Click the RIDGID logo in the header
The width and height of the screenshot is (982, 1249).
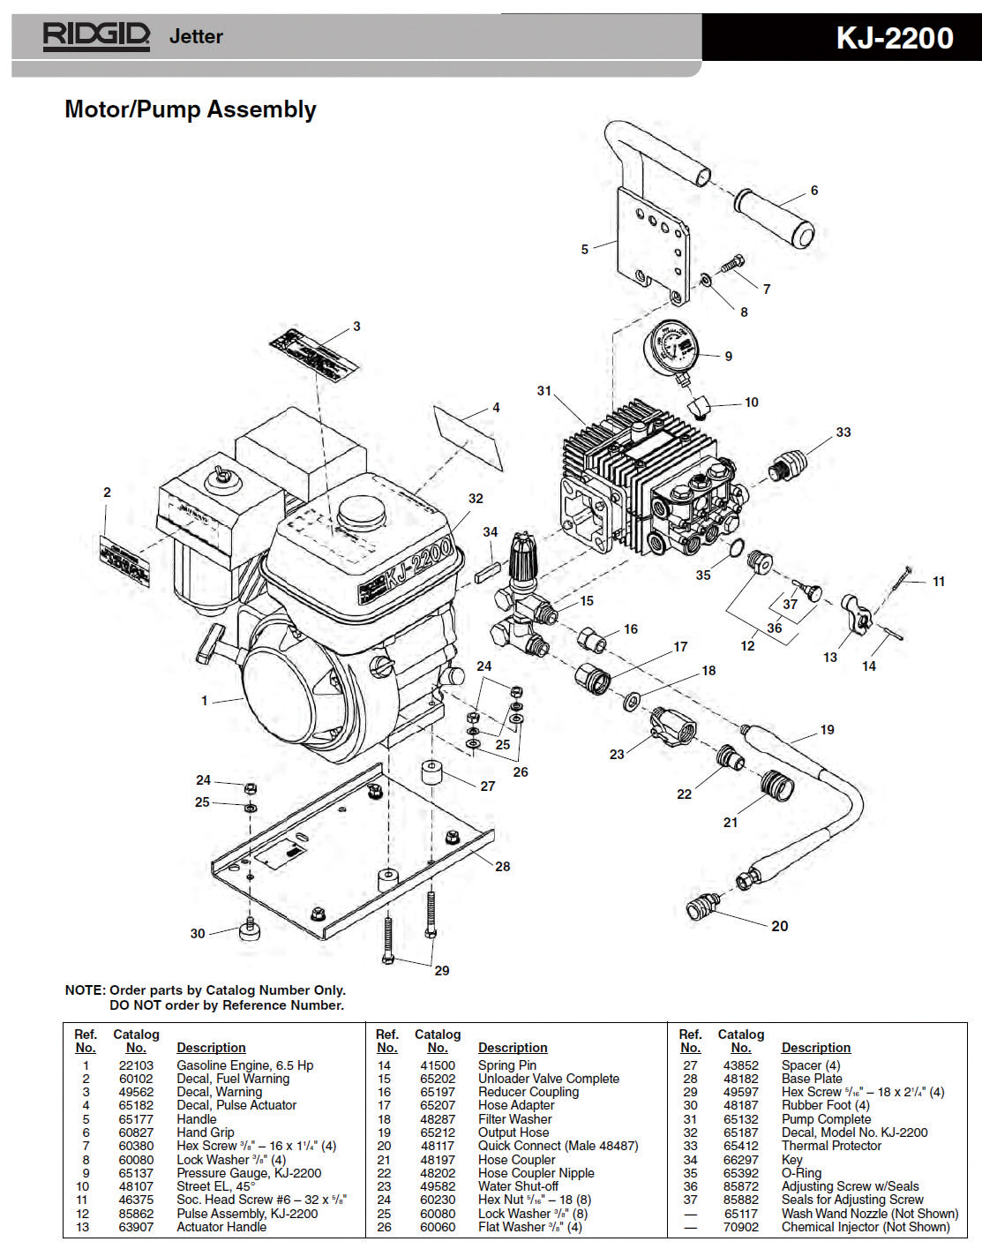coord(96,36)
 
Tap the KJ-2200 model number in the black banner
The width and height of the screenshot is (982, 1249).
coord(894,38)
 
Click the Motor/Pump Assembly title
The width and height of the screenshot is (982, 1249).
coord(191,109)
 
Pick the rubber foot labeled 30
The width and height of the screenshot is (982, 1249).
coord(250,930)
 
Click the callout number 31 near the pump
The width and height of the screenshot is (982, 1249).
coord(543,391)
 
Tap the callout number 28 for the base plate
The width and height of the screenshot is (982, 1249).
coord(502,867)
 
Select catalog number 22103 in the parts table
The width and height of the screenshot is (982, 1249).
coord(136,1065)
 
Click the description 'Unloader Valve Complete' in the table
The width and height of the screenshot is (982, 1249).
coord(548,1079)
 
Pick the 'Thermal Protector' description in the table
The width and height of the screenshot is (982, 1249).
coord(831,1146)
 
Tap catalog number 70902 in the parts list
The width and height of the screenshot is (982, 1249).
coord(740,1227)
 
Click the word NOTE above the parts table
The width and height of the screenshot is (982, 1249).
coord(85,990)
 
